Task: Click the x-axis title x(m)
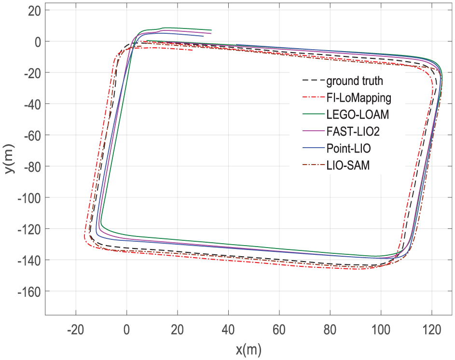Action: click(248, 350)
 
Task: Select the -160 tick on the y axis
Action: click(30, 291)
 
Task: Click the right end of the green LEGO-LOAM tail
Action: click(211, 30)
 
